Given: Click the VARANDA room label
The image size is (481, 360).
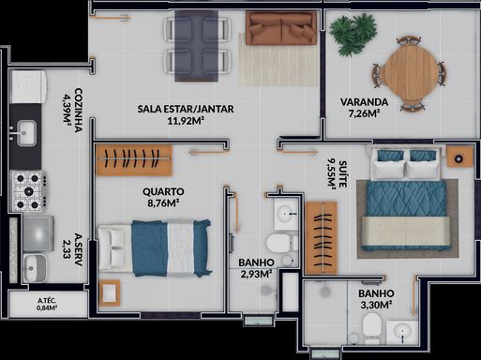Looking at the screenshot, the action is pos(364,102).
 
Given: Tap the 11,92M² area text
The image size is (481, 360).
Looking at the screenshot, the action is pos(186,121).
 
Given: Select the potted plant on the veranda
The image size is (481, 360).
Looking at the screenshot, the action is pos(353,35).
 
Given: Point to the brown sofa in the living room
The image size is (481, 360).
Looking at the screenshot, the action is pos(281,28).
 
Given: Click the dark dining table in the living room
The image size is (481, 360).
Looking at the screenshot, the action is pos(196,46).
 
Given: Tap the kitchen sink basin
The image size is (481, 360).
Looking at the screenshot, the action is pos(26,133).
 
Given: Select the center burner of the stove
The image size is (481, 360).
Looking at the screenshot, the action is pos(28,190).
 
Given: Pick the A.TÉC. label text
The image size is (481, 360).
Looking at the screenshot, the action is pos(47,301).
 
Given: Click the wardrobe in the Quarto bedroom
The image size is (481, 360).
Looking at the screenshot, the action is pos(134,160).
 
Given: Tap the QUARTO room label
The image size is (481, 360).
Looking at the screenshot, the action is pos(163,191).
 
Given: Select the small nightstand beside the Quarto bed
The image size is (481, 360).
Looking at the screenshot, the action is pos(110,293).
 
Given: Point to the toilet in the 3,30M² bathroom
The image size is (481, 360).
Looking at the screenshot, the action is pos(372,328).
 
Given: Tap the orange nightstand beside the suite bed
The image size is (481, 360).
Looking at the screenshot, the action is pos(459,157).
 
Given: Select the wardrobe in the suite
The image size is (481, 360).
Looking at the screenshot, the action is pos(322,238).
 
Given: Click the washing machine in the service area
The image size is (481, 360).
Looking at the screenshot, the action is pos(38,233).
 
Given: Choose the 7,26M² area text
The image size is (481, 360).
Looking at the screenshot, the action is pos(364,113).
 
